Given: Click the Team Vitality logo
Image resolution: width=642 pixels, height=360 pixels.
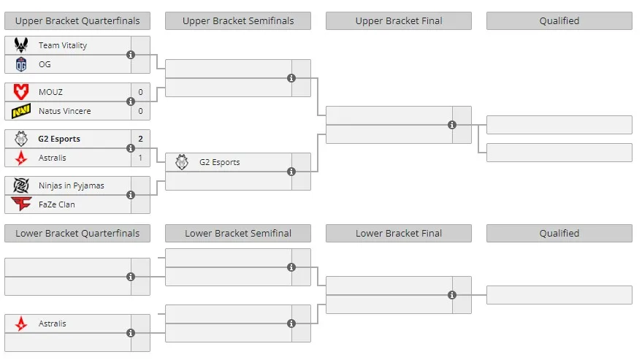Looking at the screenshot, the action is click(x=21, y=45).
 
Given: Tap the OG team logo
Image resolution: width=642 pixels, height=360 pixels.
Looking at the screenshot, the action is click(x=21, y=64).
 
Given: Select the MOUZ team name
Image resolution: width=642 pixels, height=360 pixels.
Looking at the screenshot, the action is click(x=50, y=92).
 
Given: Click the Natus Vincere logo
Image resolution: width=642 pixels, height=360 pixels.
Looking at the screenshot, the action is click(x=21, y=111).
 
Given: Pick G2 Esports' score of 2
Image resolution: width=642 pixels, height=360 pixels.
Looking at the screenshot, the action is click(x=140, y=139).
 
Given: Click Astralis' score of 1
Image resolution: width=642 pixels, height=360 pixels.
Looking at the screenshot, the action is click(x=140, y=158).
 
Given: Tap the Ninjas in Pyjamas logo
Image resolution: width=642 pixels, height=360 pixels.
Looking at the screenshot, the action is click(x=21, y=185).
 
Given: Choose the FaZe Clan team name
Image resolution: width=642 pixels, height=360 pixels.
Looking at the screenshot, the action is click(x=56, y=204).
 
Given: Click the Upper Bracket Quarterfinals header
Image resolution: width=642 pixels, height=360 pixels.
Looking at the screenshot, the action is click(x=77, y=21).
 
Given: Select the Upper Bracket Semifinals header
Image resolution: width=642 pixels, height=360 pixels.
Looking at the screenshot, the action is click(x=238, y=21).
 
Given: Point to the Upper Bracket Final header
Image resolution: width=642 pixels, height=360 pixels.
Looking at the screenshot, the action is click(x=399, y=21).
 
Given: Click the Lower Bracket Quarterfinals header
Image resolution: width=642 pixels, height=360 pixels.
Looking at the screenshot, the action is click(x=77, y=234).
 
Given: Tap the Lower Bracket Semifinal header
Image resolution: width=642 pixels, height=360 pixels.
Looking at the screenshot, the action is click(x=238, y=234).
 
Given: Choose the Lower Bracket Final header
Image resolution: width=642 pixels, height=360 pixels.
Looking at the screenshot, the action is click(x=399, y=234).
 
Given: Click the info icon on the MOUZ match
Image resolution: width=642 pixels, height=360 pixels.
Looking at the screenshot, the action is click(x=131, y=102).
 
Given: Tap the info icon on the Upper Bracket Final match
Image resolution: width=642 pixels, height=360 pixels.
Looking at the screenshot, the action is click(x=452, y=125).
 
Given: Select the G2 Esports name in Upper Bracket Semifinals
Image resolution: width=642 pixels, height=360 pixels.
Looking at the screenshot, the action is click(x=219, y=162).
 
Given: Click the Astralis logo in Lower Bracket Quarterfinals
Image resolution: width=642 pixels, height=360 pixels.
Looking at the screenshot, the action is click(x=21, y=323).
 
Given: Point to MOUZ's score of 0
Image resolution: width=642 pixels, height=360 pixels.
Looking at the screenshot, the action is click(x=140, y=92).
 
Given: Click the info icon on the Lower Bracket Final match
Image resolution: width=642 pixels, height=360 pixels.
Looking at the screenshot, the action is click(x=452, y=295).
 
